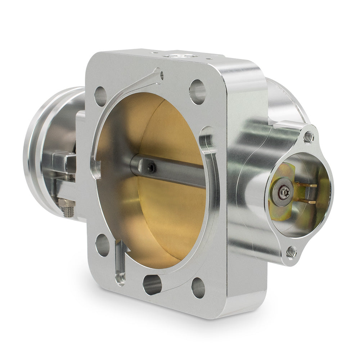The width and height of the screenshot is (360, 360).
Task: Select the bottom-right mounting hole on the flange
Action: [x=198, y=288]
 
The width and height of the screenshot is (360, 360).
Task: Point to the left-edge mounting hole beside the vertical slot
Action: [x=103, y=245]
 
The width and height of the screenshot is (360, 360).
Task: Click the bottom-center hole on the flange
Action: [x=152, y=284]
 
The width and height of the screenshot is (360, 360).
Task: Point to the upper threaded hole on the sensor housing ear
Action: [x=309, y=137]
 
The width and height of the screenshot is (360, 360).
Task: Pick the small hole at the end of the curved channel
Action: [x=161, y=75]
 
